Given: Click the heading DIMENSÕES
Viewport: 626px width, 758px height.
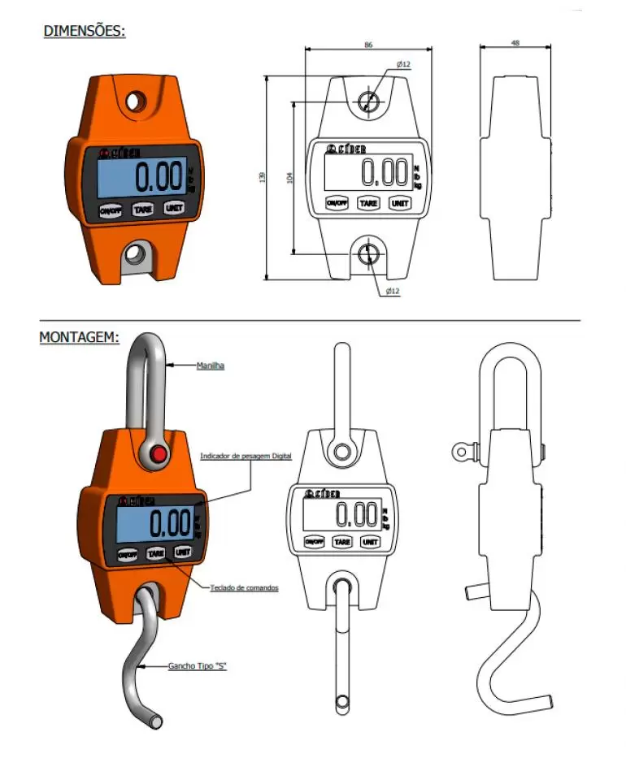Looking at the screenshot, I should point(85,32).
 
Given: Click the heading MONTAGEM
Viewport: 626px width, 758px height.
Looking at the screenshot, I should point(80,336).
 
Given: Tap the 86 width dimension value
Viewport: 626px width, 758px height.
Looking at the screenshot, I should point(369,45).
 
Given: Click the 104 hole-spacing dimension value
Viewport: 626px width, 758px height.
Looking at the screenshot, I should point(290,177).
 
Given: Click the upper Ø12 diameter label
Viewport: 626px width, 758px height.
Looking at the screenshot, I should point(403,64).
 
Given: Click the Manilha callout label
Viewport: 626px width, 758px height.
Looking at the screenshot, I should point(211,366).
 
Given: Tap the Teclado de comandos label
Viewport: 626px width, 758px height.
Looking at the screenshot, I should point(244,587).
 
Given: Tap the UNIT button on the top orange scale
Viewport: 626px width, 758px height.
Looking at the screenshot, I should point(173,207).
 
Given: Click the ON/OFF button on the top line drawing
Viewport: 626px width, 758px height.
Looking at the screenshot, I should point(337,202).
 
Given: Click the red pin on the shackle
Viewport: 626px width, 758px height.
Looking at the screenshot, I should point(159,453).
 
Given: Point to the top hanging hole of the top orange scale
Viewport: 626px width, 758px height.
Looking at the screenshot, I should point(136,102).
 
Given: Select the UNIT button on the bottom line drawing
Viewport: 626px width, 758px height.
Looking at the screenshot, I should point(370,541).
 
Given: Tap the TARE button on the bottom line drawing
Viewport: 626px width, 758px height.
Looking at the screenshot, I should point(342,541).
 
